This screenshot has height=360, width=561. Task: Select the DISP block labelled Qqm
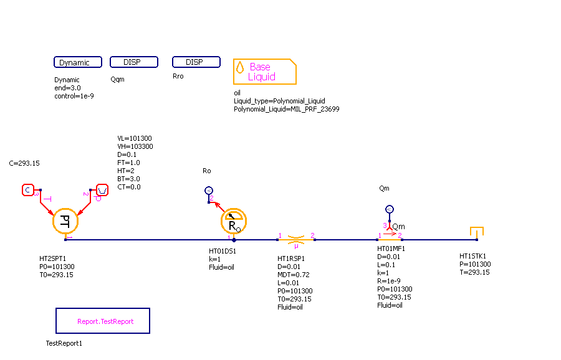[133, 62]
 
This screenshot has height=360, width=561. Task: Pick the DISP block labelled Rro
[196, 62]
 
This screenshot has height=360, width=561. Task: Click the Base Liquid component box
[264, 72]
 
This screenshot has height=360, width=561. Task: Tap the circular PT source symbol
[64, 220]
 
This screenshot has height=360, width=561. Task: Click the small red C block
[28, 189]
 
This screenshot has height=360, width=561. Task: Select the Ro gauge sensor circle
[234, 220]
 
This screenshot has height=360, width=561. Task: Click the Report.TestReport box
[103, 321]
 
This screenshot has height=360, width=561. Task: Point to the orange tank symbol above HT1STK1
[477, 232]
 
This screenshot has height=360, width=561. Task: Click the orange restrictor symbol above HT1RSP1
[296, 239]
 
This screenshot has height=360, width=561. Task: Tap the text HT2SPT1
[54, 258]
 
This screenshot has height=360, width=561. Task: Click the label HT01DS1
[223, 252]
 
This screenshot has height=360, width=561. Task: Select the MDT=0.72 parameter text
[294, 275]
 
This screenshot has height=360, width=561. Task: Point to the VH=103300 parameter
[135, 146]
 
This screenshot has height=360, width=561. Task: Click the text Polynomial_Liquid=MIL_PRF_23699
[286, 109]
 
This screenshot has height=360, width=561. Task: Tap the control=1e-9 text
[74, 96]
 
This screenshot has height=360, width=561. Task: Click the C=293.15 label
[24, 163]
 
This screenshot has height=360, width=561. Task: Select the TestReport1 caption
[64, 343]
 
